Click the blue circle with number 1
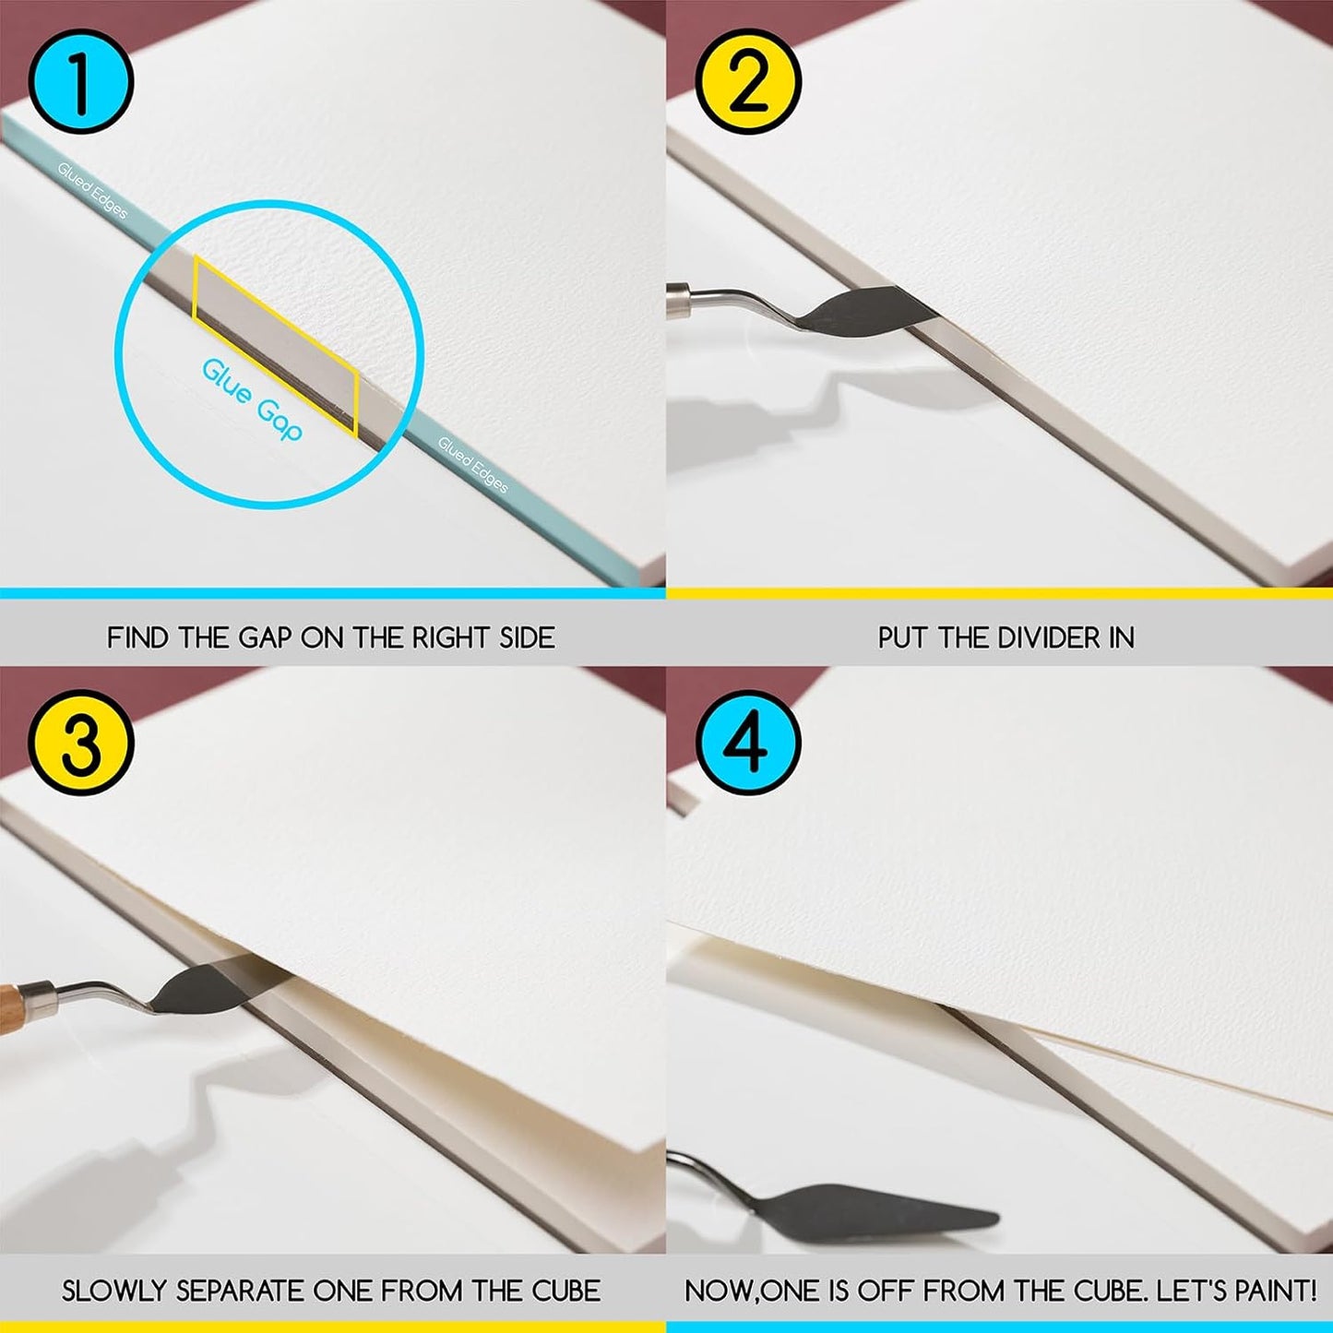pyautogui.click(x=81, y=81)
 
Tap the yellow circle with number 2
pyautogui.click(x=748, y=81)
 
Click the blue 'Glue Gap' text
pyautogui.click(x=252, y=400)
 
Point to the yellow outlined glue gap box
pyautogui.click(x=275, y=346)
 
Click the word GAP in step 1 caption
pyautogui.click(x=266, y=637)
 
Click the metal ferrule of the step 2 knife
pyautogui.click(x=680, y=300)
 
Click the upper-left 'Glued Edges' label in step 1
pyautogui.click(x=92, y=189)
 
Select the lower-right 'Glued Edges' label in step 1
pyautogui.click(x=472, y=464)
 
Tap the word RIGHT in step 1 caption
pyautogui.click(x=451, y=637)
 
